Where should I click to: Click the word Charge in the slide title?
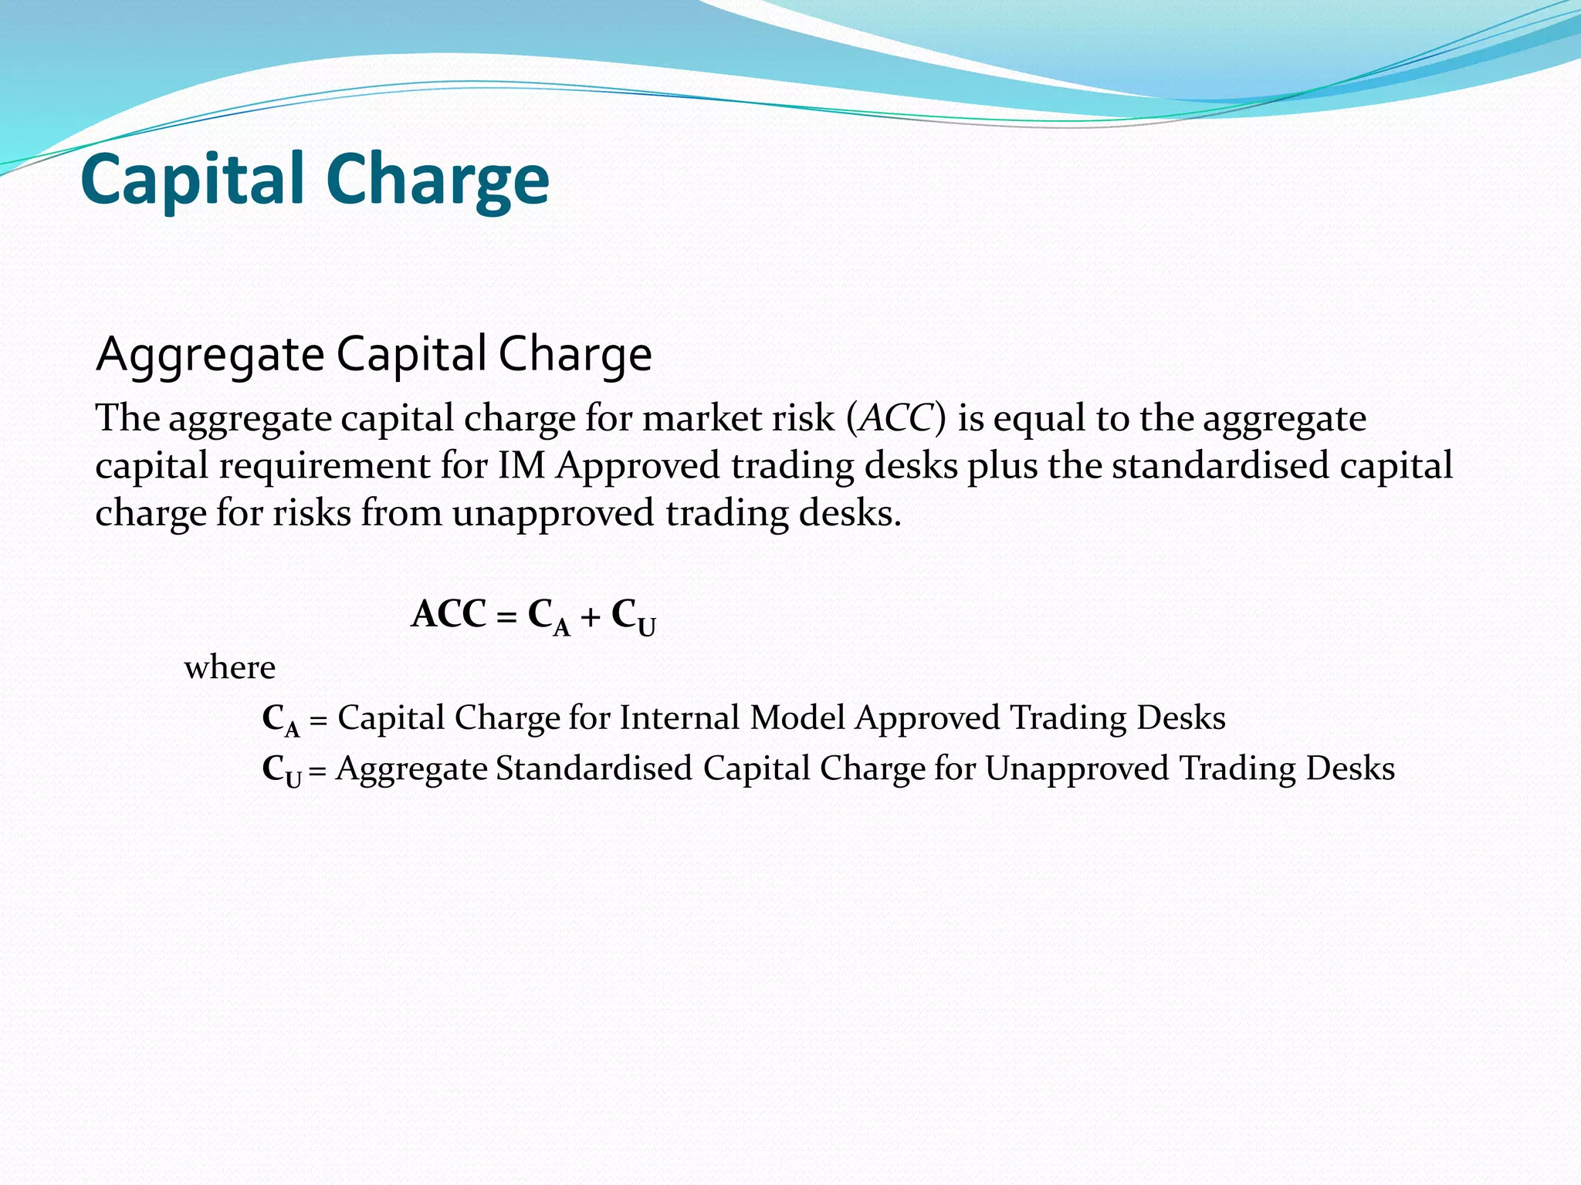pos(438,179)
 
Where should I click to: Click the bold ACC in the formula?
pos(449,615)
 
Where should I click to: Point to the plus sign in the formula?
pos(591,617)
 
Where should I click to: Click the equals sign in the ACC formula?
pos(506,617)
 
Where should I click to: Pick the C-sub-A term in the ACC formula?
pos(549,617)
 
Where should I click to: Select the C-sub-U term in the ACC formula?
pos(633,617)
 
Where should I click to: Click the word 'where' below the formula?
pos(229,667)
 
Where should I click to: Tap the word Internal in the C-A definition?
pos(679,717)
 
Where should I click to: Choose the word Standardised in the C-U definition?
pos(594,768)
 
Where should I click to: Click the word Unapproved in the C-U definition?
pos(1077,768)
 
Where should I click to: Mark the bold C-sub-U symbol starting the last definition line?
pos(281,770)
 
